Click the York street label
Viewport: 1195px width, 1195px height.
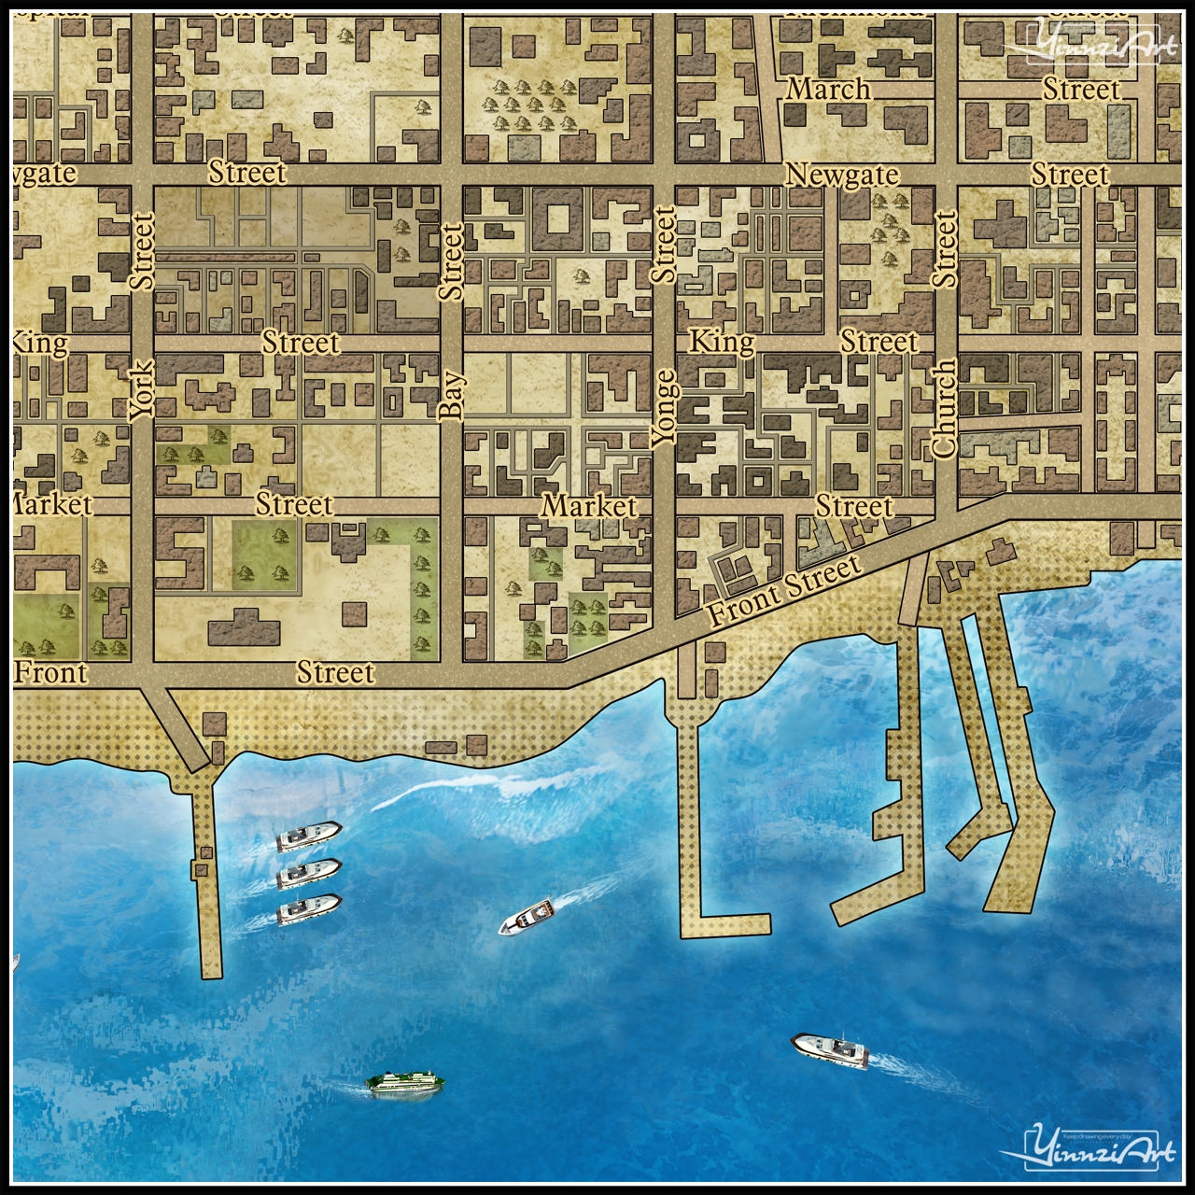coord(141,390)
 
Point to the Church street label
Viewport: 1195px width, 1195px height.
coord(945,409)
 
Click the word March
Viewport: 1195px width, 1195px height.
coord(829,90)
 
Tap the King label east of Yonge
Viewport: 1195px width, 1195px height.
coord(721,343)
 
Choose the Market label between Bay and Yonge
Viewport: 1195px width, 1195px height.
coord(589,507)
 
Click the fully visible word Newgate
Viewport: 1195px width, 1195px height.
coord(842,175)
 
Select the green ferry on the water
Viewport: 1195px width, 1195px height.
coord(406,1083)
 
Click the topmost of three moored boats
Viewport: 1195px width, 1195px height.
coord(309,836)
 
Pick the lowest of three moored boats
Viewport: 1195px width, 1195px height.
coord(309,908)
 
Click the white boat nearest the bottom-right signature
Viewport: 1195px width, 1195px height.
coord(829,1049)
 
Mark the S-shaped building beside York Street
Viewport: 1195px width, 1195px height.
coord(180,551)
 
